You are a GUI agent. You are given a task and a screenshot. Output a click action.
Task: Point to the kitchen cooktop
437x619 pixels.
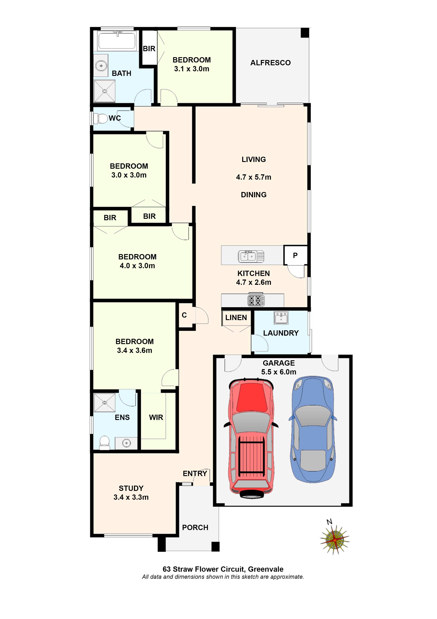click(x=256, y=300)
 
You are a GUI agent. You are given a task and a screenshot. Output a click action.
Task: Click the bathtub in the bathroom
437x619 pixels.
click(x=117, y=41)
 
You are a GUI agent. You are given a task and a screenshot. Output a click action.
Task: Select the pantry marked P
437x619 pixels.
click(x=295, y=255)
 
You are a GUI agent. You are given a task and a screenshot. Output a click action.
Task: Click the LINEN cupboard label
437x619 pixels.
click(x=236, y=318)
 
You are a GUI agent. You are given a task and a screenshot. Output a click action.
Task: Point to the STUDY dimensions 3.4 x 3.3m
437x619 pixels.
click(x=131, y=497)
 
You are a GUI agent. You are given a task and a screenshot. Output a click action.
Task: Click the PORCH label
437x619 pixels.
click(x=195, y=528)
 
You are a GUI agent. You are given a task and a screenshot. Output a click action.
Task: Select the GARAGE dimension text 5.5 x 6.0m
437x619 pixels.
click(x=279, y=372)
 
